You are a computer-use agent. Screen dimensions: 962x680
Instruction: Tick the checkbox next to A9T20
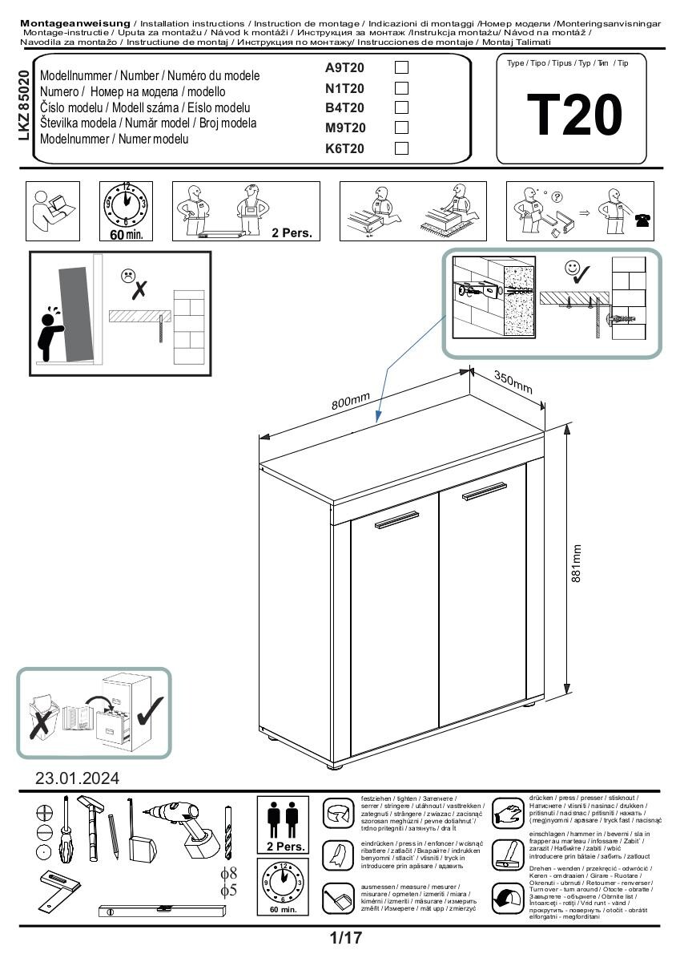click(402, 68)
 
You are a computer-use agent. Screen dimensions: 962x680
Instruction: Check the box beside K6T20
click(402, 148)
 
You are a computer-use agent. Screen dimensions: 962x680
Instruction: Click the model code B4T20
click(344, 108)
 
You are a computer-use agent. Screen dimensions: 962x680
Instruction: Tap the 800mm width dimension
click(351, 401)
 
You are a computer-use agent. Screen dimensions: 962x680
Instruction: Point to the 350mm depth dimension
click(513, 383)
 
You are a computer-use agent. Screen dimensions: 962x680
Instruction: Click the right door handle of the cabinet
click(485, 491)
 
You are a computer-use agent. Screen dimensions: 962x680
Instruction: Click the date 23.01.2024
click(77, 778)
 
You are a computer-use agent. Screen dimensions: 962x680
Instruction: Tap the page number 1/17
click(345, 936)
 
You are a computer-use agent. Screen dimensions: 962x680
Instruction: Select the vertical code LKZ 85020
click(23, 106)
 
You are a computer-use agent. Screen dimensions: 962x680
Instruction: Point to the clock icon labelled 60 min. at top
click(126, 207)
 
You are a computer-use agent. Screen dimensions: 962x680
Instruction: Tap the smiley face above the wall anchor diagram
click(572, 269)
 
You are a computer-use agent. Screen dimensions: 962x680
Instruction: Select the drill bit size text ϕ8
click(229, 873)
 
